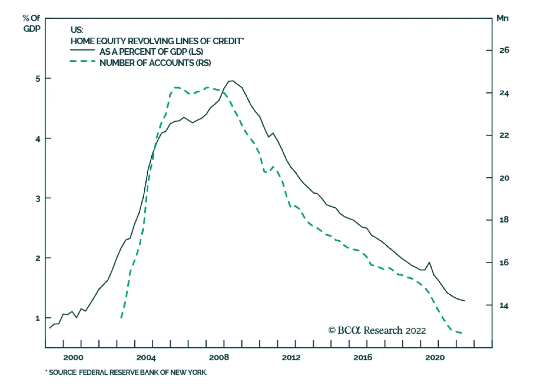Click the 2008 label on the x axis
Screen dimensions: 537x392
tap(219, 357)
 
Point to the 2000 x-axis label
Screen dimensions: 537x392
tap(74, 357)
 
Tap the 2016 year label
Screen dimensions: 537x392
tap(363, 357)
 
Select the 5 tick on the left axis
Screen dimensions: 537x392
tap(38, 79)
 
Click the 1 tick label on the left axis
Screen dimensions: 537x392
tap(38, 318)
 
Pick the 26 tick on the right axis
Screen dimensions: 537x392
tap(504, 50)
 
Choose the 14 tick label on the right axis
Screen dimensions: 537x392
tap(504, 306)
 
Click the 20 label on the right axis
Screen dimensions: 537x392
tap(504, 178)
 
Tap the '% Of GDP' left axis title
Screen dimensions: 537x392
tap(32, 23)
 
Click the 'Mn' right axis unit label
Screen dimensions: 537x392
tap(502, 18)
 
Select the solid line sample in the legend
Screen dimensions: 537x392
tap(83, 50)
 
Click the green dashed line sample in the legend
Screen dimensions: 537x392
tap(83, 61)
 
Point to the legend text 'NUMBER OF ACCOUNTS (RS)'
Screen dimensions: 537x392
tap(155, 63)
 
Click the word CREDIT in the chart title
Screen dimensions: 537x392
tap(228, 41)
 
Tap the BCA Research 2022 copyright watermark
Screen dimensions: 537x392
tap(377, 330)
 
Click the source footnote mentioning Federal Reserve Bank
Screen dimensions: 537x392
tap(126, 372)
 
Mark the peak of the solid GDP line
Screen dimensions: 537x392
tap(232, 81)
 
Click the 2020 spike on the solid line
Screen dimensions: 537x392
tap(429, 262)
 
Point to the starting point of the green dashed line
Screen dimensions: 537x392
tap(121, 318)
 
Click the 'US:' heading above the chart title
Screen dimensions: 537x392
tap(77, 30)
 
